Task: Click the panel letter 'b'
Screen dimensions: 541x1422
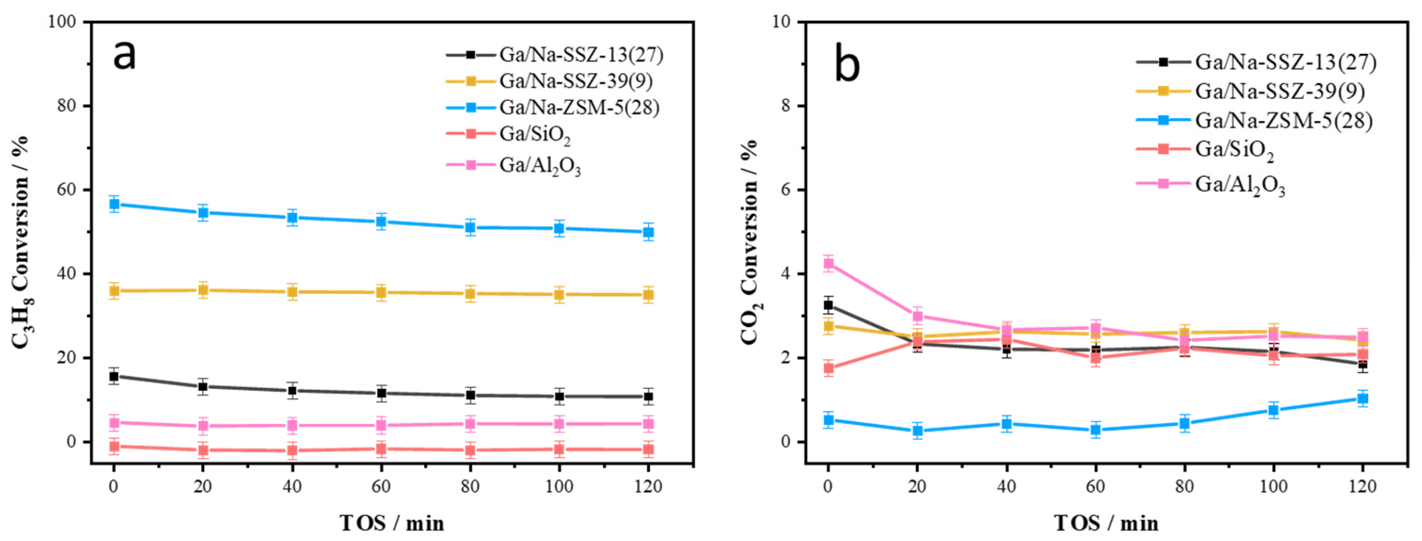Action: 847,65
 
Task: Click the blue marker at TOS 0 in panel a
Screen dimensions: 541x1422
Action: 115,204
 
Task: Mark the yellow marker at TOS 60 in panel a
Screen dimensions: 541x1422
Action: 381,293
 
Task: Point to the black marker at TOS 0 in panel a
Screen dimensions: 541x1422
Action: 115,377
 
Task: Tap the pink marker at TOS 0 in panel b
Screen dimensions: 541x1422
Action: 828,263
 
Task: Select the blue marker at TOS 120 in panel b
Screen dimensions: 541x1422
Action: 1362,399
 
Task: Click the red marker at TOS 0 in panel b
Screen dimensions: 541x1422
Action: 828,368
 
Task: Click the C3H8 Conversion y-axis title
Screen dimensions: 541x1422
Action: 22,243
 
